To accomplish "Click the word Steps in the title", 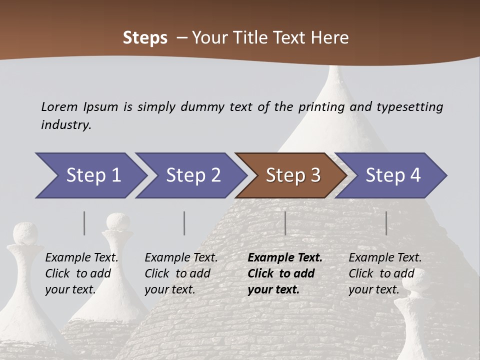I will pos(145,38).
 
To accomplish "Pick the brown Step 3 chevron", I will pos(293,175).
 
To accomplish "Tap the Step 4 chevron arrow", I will pos(393,175).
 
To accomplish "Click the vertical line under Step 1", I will pos(84,223).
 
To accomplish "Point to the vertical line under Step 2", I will pos(184,223).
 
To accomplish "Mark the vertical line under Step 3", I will pos(285,223).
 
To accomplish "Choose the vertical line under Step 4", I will pos(386,223).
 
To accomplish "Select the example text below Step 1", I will pos(81,273).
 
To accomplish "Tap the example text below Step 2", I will pos(181,273).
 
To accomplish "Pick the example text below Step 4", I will pos(385,273).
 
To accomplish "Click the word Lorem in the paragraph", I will pos(59,107).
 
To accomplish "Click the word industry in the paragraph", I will pos(66,125).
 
